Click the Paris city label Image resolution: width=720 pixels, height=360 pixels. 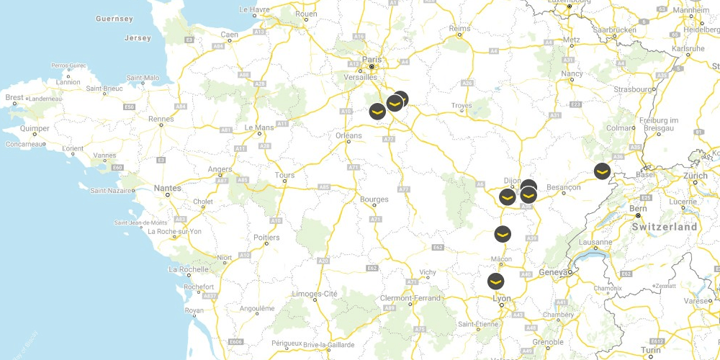(371, 59)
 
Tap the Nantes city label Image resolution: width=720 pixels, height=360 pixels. (167, 188)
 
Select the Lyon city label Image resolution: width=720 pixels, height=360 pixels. (501, 298)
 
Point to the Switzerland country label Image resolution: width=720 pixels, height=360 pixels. (665, 227)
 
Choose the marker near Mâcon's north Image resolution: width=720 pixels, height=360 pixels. (503, 233)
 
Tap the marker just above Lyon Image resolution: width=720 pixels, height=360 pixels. (496, 281)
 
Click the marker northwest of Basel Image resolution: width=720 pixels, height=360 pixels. (602, 171)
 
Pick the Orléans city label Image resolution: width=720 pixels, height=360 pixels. (348, 135)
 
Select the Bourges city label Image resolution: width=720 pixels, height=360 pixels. (374, 199)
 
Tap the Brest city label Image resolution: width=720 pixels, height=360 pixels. (14, 97)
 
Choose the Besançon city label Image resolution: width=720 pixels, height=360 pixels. (564, 187)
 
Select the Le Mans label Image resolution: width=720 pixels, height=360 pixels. (258, 127)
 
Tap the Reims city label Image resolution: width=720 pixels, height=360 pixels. (459, 29)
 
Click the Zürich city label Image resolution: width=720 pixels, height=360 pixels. (696, 176)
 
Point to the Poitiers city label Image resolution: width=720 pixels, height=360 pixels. (266, 237)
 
